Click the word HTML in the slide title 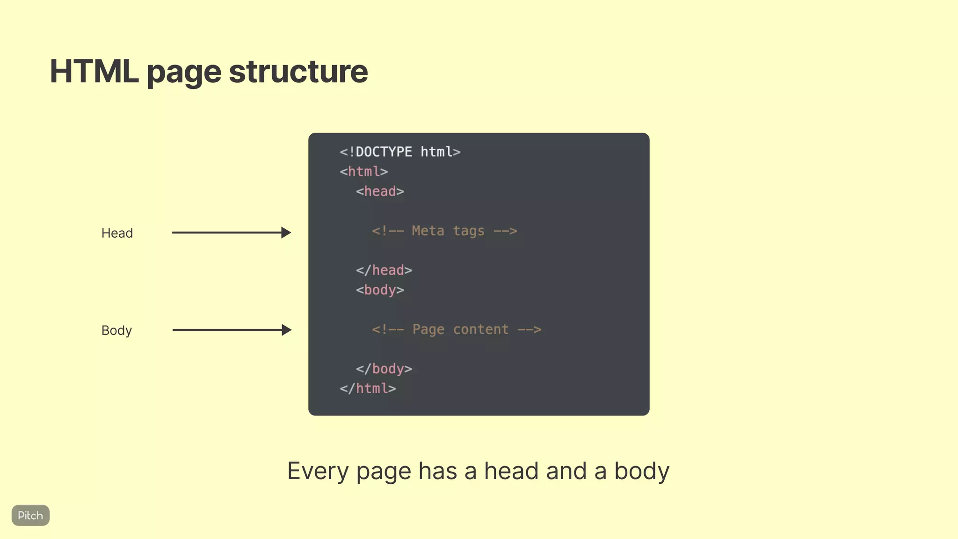pyautogui.click(x=94, y=72)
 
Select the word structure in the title pyautogui.click(x=298, y=72)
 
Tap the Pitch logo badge pyautogui.click(x=30, y=515)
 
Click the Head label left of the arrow pyautogui.click(x=117, y=233)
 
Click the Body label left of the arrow pyautogui.click(x=116, y=330)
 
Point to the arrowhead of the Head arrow pyautogui.click(x=286, y=233)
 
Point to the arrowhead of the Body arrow pyautogui.click(x=286, y=330)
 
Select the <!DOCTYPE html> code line pyautogui.click(x=400, y=152)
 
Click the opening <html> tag pyautogui.click(x=363, y=172)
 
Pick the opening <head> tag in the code pyautogui.click(x=379, y=191)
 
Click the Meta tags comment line pyautogui.click(x=444, y=231)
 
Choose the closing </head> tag pyautogui.click(x=384, y=270)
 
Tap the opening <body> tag pyautogui.click(x=379, y=290)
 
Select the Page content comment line pyautogui.click(x=457, y=329)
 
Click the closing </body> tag pyautogui.click(x=384, y=369)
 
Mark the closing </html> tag pyautogui.click(x=368, y=388)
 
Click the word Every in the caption pyautogui.click(x=318, y=471)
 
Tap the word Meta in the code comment pyautogui.click(x=428, y=231)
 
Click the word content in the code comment pyautogui.click(x=480, y=329)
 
